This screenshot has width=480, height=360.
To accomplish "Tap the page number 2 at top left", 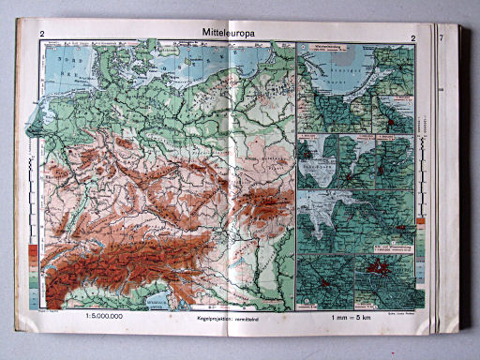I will point(42,37).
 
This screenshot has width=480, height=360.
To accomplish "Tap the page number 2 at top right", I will point(412,37).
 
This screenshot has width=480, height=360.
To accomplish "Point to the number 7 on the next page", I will point(441,38).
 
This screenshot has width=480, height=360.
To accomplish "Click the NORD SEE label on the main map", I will point(68,70).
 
